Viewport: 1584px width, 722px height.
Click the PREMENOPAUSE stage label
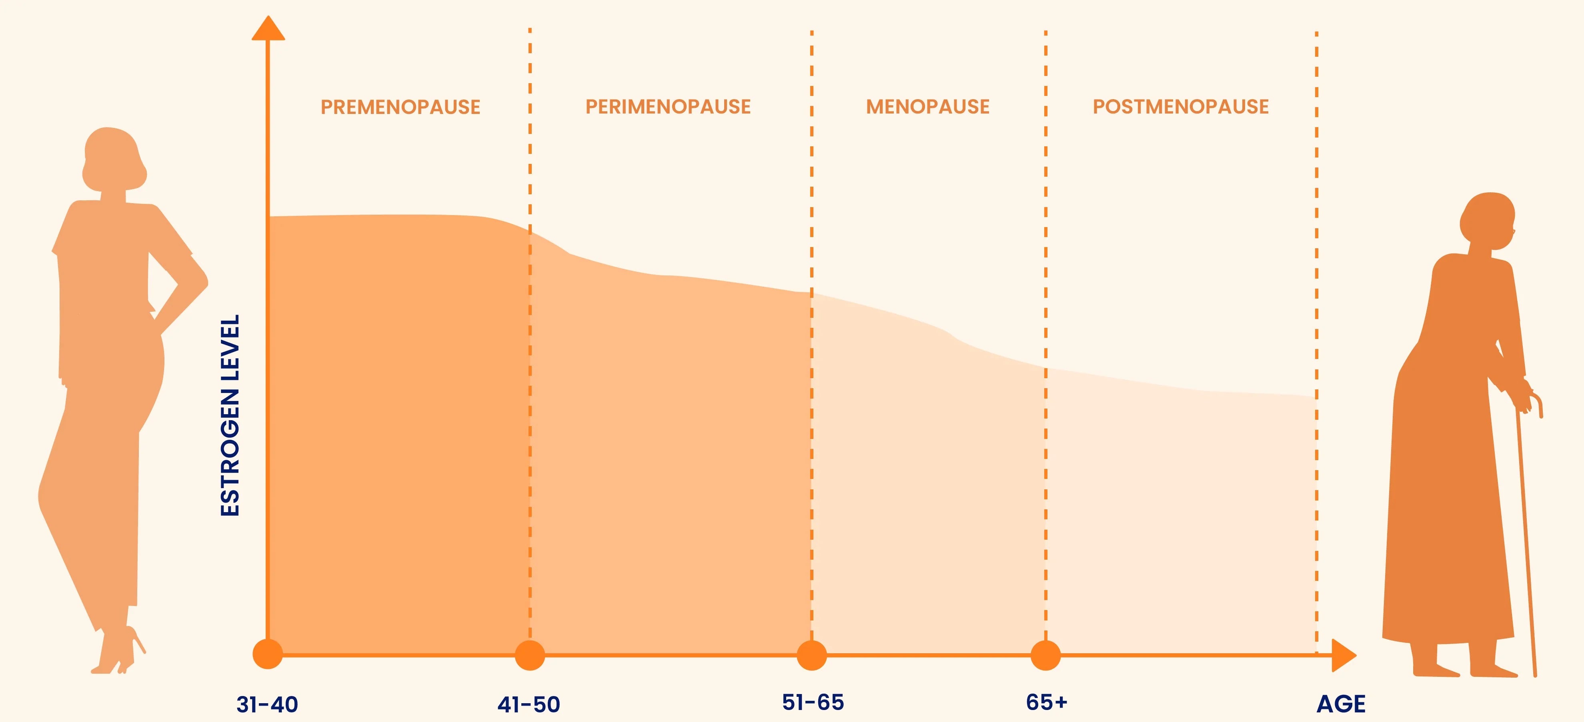[x=401, y=107]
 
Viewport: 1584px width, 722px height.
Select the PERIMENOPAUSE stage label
[x=668, y=107]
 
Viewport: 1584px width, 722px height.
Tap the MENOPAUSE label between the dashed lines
[x=928, y=107]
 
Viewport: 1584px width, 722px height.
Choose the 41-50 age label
[x=529, y=704]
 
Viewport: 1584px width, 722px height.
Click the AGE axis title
[x=1341, y=704]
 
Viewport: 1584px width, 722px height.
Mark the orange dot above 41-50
[x=529, y=655]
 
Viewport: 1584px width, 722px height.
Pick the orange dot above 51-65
[x=812, y=655]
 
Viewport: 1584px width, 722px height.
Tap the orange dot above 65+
[x=1045, y=655]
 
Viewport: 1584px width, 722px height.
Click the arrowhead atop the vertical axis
[x=268, y=28]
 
